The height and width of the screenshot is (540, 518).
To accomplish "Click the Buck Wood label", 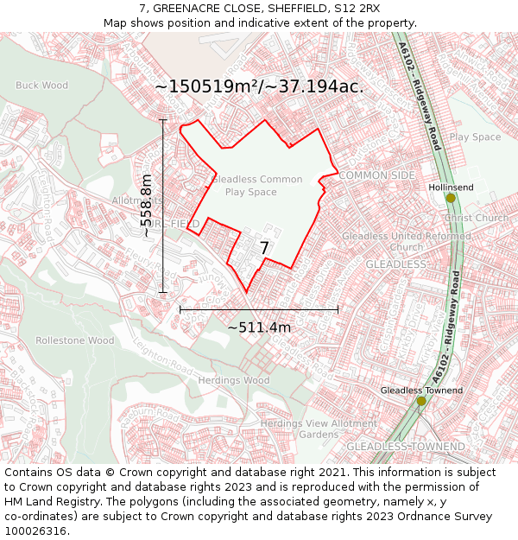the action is point(41,86).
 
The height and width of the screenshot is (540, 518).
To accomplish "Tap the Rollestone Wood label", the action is point(75,340).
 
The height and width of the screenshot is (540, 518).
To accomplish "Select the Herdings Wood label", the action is point(233,380).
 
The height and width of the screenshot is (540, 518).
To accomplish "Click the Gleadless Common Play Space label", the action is point(256,186).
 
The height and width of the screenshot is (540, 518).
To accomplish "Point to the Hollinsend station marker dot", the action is point(451,199).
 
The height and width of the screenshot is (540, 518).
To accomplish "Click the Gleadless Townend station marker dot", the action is point(421,401).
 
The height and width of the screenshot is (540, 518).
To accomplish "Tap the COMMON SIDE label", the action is point(377,175).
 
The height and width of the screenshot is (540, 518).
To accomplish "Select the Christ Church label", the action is point(479,219).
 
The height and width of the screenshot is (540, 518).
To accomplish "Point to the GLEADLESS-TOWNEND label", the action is point(400,446).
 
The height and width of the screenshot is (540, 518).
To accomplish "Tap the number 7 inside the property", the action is point(264,249).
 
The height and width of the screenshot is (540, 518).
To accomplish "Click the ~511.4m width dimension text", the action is point(259,327).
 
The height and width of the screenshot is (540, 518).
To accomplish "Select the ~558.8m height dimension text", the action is point(147,206).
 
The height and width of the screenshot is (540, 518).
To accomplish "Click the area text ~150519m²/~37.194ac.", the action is point(259,86).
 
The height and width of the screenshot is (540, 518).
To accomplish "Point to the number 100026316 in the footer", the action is point(36,531).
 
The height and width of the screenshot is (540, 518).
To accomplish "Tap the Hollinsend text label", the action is point(451,187).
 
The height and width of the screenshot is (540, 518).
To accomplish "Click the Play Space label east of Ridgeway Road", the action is point(475,137).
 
